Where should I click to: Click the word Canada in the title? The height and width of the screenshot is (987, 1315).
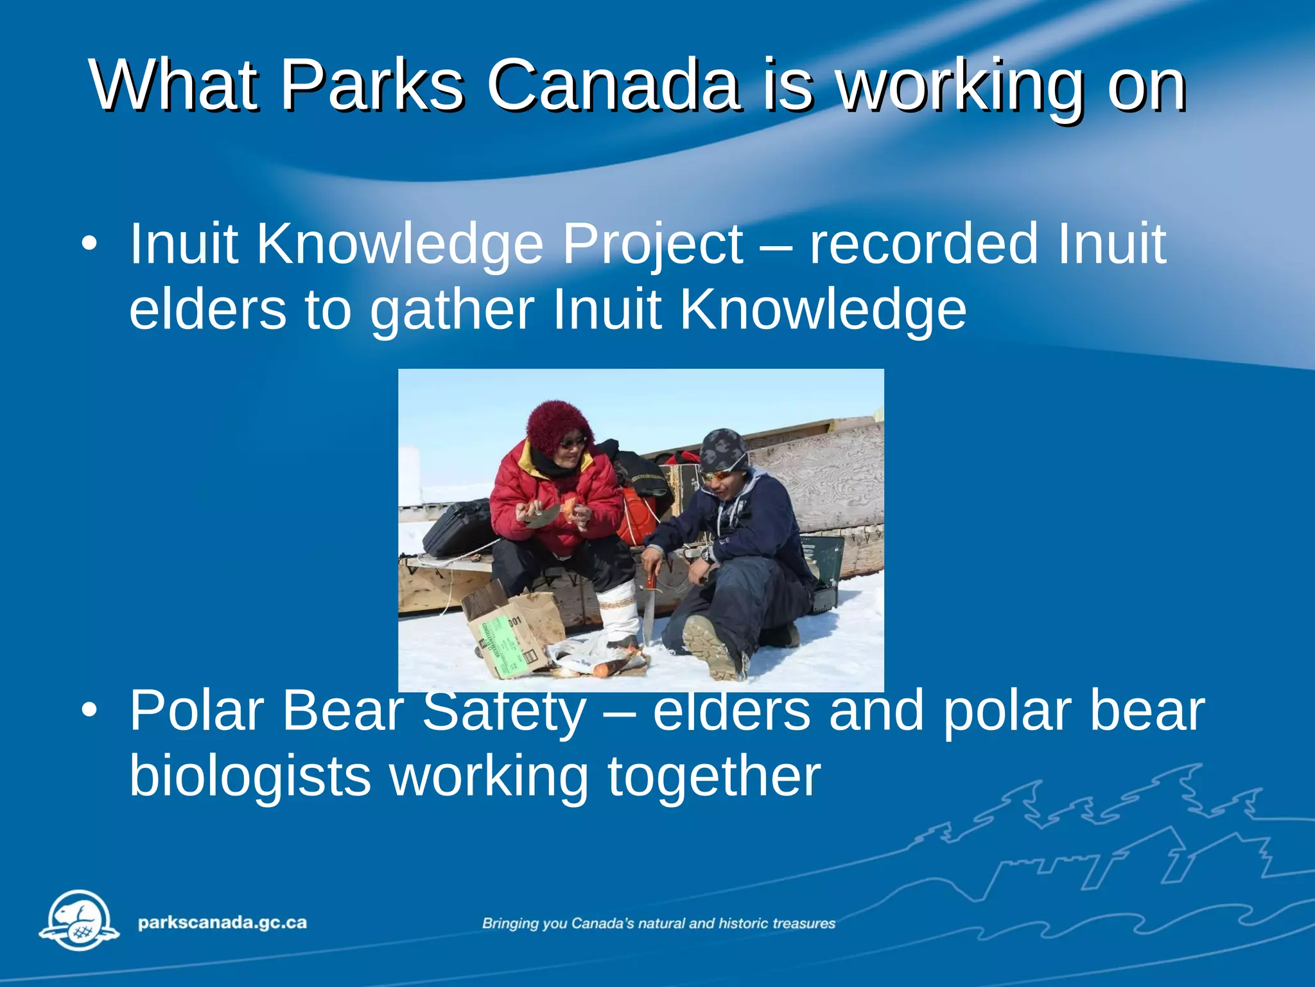[613, 85]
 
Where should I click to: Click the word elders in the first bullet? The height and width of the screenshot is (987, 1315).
[207, 310]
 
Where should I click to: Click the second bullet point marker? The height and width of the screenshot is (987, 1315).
[90, 711]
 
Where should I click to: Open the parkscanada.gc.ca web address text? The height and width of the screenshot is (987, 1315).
[222, 923]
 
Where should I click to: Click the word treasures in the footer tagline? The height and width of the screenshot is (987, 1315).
[804, 923]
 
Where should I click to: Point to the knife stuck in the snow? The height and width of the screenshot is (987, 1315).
[649, 610]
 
